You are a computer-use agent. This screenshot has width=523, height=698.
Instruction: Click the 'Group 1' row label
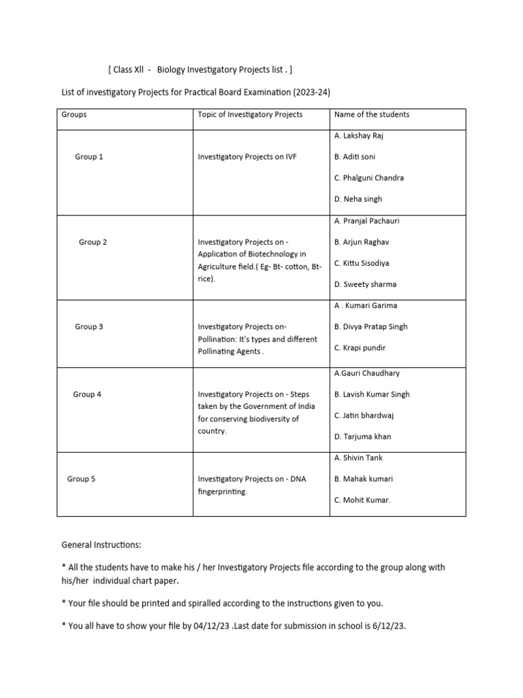89,157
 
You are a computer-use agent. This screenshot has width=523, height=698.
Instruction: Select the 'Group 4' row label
87,394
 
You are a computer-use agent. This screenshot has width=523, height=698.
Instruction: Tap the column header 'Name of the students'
372,115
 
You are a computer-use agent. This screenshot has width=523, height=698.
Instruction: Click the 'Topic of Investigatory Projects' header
250,115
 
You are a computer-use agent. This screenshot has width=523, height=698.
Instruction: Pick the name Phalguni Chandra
369,178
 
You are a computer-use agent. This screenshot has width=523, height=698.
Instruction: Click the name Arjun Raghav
362,242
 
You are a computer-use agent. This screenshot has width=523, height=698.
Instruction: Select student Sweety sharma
365,284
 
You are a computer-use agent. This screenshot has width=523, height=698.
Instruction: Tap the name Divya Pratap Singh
371,327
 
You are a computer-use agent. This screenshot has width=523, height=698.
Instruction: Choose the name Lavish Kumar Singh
372,394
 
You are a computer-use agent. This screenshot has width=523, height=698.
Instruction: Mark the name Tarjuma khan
363,436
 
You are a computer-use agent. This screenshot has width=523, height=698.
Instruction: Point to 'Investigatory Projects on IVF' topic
247,157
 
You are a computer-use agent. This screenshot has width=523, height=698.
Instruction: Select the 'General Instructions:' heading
102,546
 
